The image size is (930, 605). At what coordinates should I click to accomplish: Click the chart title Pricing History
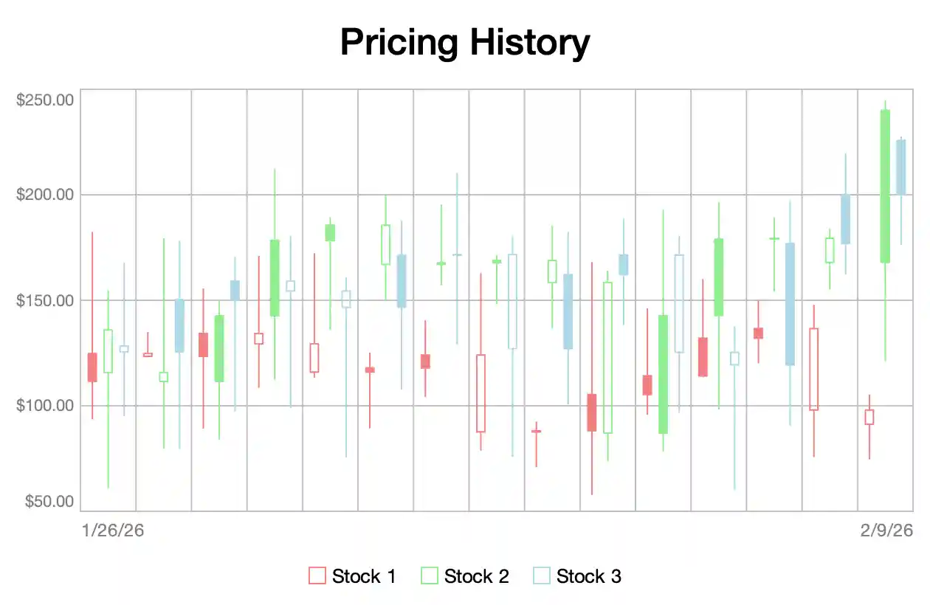pyautogui.click(x=465, y=43)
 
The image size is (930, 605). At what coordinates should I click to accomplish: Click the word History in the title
pyautogui.click(x=530, y=43)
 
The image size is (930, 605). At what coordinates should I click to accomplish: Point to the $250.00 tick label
pyautogui.click(x=44, y=99)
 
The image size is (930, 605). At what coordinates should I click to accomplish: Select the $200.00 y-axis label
pyautogui.click(x=44, y=195)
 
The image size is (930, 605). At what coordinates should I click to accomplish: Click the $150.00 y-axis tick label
pyautogui.click(x=44, y=300)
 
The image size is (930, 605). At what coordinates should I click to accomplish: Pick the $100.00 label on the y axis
pyautogui.click(x=44, y=405)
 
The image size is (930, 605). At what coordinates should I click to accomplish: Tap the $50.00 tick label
pyautogui.click(x=49, y=502)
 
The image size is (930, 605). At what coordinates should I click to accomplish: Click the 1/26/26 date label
pyautogui.click(x=112, y=530)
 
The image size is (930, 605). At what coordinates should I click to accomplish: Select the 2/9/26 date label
pyautogui.click(x=886, y=530)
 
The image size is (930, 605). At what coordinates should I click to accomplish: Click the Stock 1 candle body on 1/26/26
pyautogui.click(x=92, y=367)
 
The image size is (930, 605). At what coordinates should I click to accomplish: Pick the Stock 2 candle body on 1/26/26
pyautogui.click(x=108, y=350)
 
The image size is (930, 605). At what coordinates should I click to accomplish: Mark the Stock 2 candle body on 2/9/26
pyautogui.click(x=885, y=186)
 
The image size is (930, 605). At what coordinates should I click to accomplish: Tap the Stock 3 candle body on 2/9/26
pyautogui.click(x=900, y=167)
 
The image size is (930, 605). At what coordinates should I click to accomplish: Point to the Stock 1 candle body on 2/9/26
pyautogui.click(x=869, y=417)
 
